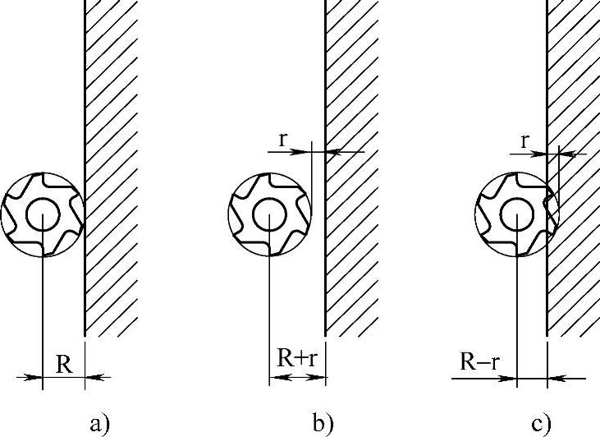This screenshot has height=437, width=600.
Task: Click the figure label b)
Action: tap(323, 423)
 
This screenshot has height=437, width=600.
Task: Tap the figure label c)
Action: tap(542, 425)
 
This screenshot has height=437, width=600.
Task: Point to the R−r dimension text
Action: tap(480, 361)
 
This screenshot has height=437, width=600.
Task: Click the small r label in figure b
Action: tap(283, 140)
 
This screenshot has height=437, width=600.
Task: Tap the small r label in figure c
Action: tap(525, 142)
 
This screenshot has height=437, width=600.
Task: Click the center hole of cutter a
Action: tap(43, 214)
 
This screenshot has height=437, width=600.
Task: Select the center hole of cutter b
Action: tap(270, 215)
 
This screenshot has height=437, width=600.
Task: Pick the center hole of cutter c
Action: tap(517, 215)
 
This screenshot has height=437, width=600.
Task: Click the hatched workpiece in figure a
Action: tap(111, 168)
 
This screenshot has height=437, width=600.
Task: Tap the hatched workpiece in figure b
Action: tap(352, 168)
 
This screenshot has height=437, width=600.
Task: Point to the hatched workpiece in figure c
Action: tap(574, 168)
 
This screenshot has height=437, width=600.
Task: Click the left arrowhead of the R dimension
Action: tap(33, 377)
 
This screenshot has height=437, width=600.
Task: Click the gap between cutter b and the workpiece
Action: tap(318, 214)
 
